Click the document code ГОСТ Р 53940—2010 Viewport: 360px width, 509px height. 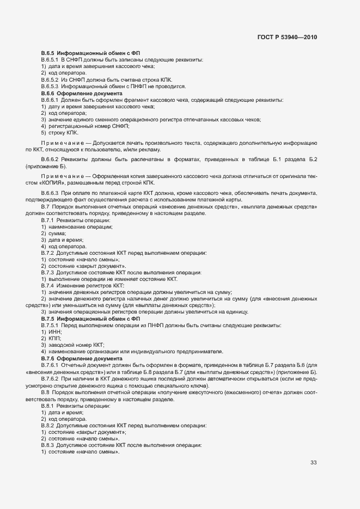click(286, 38)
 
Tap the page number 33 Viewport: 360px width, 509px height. click(313, 463)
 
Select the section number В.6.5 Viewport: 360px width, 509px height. click(48, 52)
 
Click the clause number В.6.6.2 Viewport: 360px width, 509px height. click(50, 160)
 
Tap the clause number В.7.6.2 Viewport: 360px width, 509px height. click(50, 379)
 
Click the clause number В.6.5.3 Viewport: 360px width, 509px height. click(50, 86)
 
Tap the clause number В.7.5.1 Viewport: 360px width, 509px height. click(50, 325)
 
